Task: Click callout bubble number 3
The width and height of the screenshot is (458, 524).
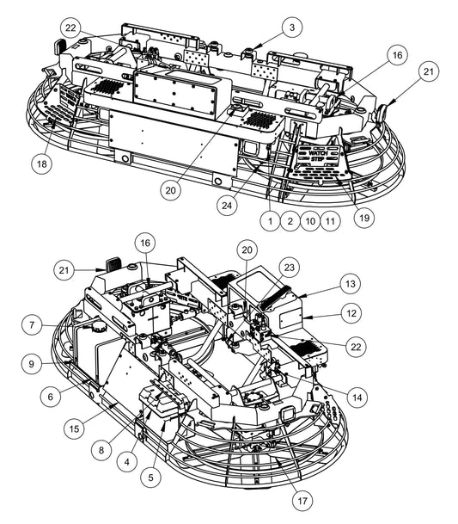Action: click(292, 28)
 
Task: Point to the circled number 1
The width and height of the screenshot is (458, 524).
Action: click(270, 221)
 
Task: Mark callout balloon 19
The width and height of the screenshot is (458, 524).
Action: click(363, 219)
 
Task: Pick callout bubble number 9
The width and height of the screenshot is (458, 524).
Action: click(32, 364)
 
